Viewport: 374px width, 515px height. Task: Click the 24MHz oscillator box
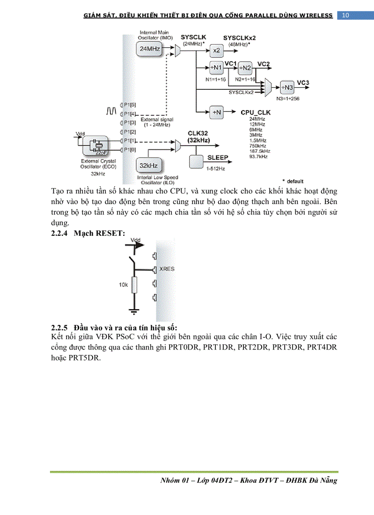[x=150, y=48]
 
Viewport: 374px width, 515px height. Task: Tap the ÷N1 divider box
[x=216, y=68]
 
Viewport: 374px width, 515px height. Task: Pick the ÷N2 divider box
[x=246, y=68]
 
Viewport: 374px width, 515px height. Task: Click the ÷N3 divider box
[x=287, y=87]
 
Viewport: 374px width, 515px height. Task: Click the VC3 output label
[x=303, y=83]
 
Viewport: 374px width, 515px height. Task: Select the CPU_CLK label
[x=255, y=112]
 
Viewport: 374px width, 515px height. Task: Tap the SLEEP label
[x=218, y=158]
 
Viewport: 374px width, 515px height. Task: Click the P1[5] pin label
[x=130, y=105]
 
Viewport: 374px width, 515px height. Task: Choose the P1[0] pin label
[x=130, y=150]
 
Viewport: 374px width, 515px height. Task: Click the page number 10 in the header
[x=346, y=16]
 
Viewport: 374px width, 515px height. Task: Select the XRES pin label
[x=167, y=269]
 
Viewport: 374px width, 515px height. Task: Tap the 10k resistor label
[x=123, y=285]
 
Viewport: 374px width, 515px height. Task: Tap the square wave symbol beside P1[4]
[x=111, y=111]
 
